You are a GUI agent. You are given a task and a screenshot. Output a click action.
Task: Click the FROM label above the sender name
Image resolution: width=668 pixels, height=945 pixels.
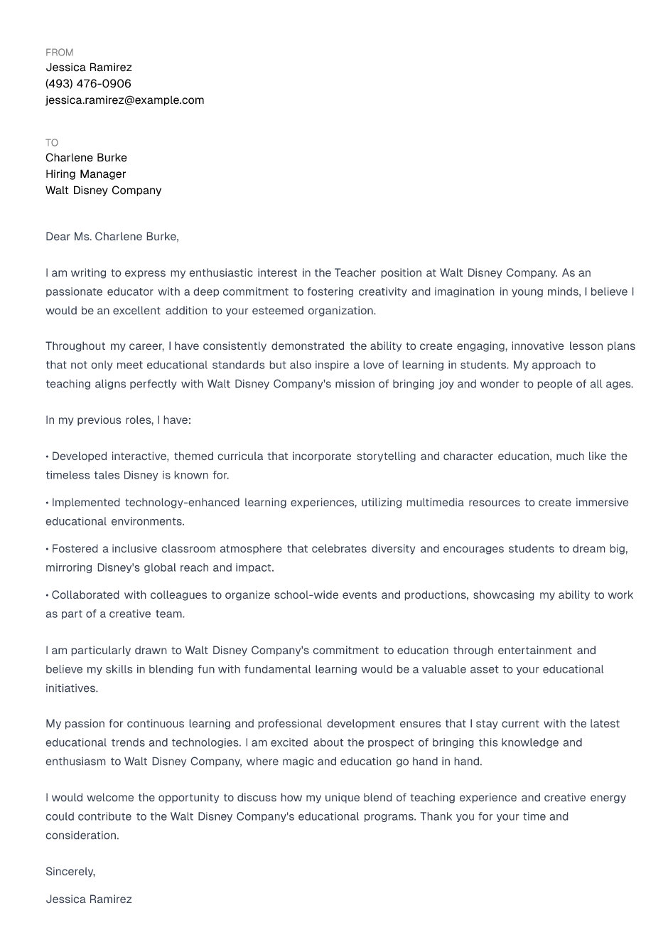(x=59, y=53)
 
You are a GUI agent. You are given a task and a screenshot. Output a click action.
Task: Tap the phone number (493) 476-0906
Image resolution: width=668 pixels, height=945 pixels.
(x=88, y=84)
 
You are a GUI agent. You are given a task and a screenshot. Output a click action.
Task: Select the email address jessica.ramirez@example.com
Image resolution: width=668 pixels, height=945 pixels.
(x=124, y=100)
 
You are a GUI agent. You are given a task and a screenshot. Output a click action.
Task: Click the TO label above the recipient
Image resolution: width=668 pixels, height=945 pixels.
(x=52, y=143)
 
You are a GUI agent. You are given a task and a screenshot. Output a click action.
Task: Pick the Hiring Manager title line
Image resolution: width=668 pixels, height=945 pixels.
(x=85, y=174)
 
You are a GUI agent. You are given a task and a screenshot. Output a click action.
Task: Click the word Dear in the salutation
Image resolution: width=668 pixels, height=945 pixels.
(x=58, y=237)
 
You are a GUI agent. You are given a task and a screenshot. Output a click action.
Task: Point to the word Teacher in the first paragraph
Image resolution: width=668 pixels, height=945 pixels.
(x=355, y=273)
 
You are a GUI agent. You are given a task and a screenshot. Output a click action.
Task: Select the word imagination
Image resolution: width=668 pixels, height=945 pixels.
(x=465, y=292)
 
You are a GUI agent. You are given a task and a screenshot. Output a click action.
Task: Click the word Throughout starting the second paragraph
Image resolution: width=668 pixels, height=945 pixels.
(x=75, y=346)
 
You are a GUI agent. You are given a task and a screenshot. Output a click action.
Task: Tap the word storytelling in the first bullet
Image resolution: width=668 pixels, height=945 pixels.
(x=387, y=457)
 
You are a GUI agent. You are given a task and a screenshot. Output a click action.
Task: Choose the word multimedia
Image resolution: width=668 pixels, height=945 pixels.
(x=438, y=503)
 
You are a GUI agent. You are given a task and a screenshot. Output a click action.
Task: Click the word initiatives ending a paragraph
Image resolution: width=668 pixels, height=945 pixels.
(x=71, y=688)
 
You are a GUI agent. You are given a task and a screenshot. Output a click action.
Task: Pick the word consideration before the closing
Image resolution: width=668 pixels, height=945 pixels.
(x=81, y=835)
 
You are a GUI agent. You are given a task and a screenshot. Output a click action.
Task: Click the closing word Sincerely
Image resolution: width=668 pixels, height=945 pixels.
(x=70, y=872)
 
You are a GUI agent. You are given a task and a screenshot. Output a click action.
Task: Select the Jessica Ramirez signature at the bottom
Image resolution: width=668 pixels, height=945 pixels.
(x=89, y=899)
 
